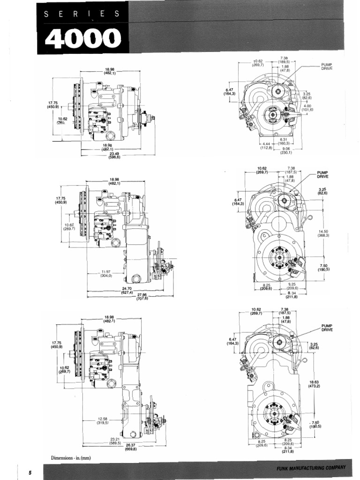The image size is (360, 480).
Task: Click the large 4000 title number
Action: [x=80, y=39]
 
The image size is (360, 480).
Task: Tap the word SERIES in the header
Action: [x=82, y=14]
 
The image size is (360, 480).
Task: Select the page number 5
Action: [x=29, y=472]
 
